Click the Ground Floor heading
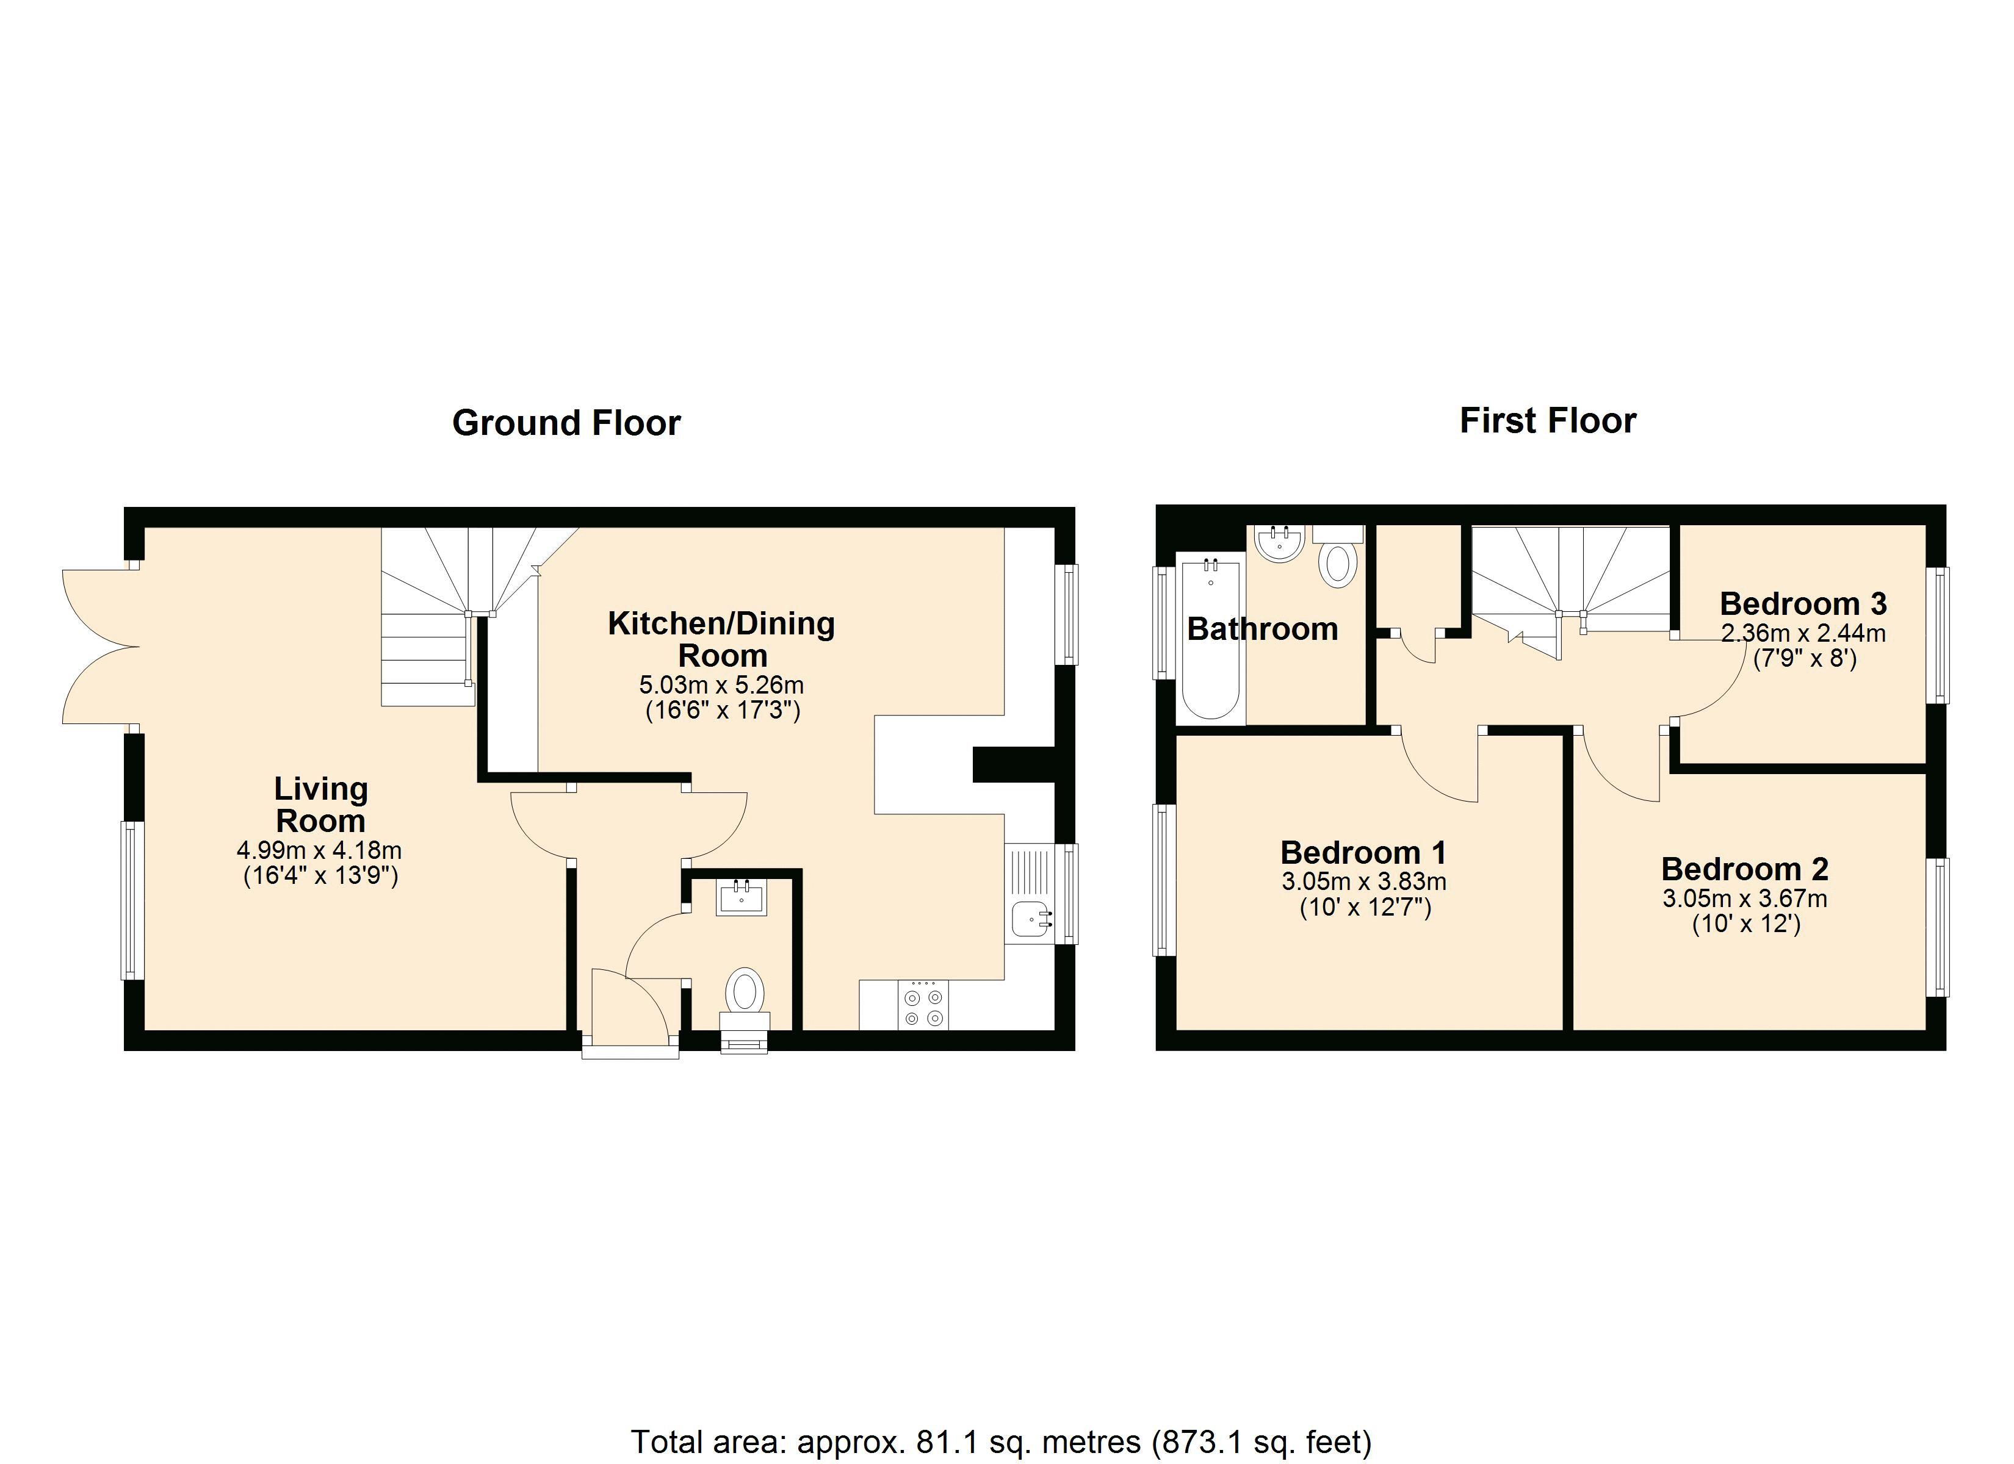tap(566, 423)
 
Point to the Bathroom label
tap(1262, 628)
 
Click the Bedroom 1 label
tap(1363, 852)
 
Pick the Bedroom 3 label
tap(1803, 604)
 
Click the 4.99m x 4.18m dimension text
tap(319, 850)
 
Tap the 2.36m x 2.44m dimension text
tap(1803, 633)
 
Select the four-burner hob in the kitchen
tap(923, 1005)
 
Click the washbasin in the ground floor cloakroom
tap(740, 897)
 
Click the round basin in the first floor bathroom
tap(1280, 544)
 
